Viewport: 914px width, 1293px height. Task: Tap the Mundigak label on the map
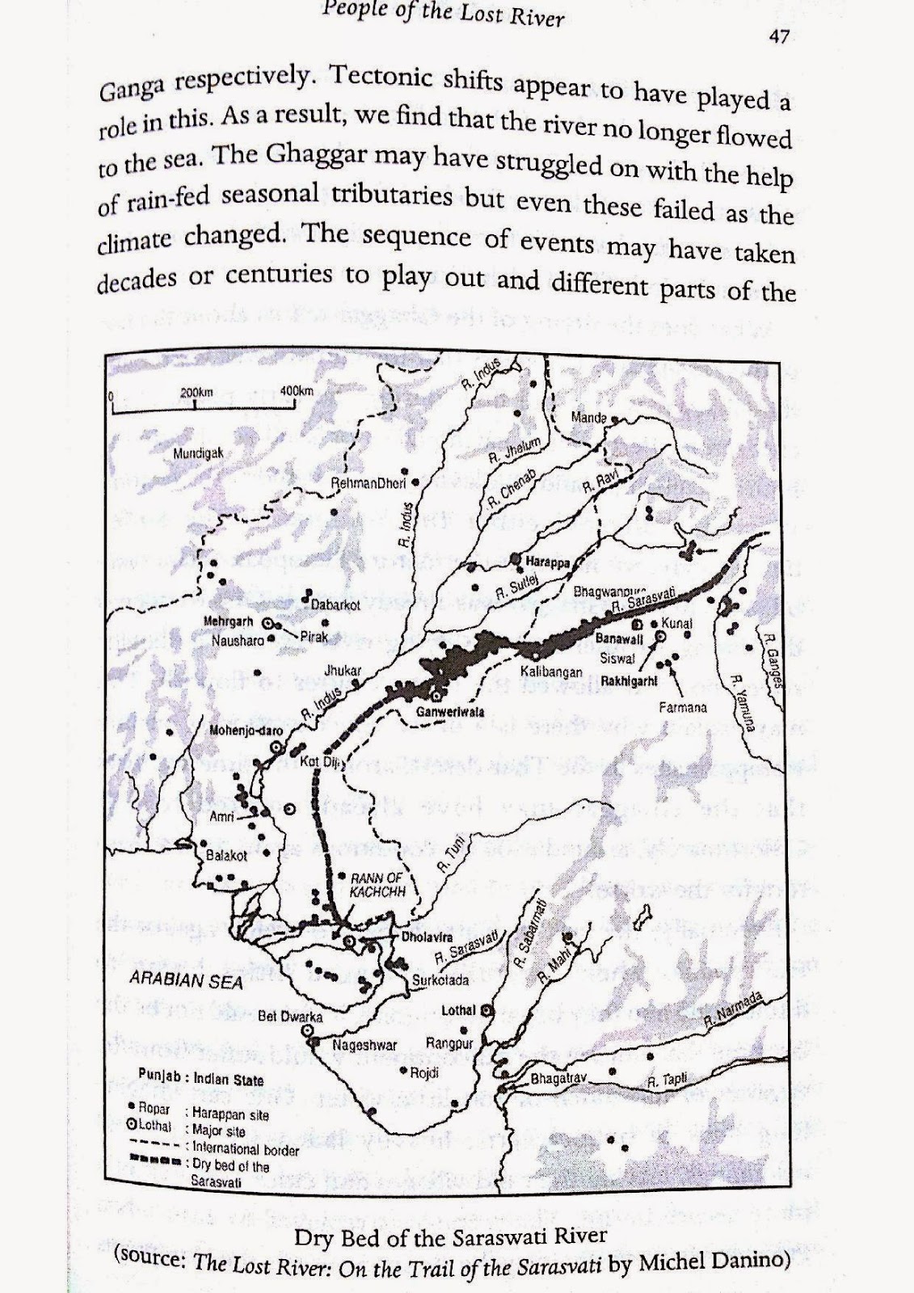coord(198,453)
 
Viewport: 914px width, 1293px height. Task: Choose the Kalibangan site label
coord(551,672)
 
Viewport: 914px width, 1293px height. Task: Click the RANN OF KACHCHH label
coord(377,884)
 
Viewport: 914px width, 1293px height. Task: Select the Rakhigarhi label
coord(629,680)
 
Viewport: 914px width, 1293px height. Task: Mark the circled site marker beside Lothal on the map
coord(486,1010)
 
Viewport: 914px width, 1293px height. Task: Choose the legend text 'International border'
coord(246,1149)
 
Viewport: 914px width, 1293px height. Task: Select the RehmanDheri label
coord(369,482)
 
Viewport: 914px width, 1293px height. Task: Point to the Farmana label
coord(685,707)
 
